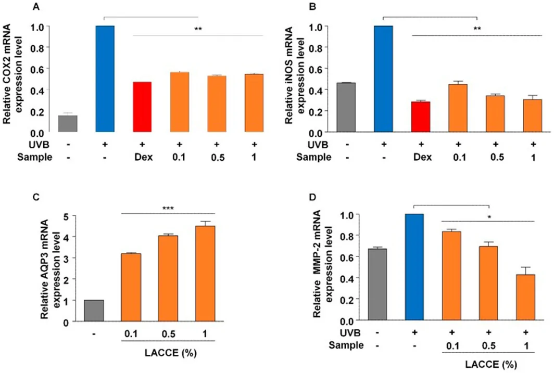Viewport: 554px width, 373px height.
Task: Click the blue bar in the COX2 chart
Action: tap(105, 79)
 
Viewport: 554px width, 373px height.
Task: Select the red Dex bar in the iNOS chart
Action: tap(421, 117)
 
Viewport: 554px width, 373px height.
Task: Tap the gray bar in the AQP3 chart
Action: tap(94, 311)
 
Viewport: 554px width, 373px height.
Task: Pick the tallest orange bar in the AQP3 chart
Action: tap(205, 274)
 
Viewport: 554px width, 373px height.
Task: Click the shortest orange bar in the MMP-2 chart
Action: tap(525, 297)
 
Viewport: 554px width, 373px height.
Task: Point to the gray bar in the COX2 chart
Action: tap(68, 123)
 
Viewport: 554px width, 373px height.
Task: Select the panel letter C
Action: tap(36, 197)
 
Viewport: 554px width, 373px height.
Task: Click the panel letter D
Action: tap(312, 197)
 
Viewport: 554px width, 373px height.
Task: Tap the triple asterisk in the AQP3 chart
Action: tap(168, 208)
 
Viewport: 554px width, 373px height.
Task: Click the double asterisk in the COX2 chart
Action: tap(198, 29)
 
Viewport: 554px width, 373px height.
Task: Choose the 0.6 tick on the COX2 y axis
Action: tap(37, 69)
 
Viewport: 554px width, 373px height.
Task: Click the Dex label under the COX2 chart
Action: tap(144, 157)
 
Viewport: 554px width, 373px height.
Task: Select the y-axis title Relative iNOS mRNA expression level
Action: tap(294, 75)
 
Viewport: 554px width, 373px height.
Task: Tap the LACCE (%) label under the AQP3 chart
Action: tap(171, 353)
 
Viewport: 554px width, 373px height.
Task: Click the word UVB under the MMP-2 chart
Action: tap(350, 333)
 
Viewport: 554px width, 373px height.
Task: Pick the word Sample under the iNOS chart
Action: tap(314, 158)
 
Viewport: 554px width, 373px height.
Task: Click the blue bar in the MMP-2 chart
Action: tap(414, 267)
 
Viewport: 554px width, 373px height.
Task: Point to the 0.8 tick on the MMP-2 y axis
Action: tap(347, 235)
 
